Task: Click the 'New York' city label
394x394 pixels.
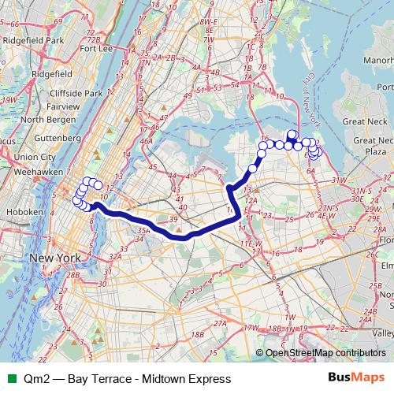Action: coord(55,258)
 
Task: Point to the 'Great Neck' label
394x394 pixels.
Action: coord(366,121)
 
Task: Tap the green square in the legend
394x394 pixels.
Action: coord(9,379)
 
